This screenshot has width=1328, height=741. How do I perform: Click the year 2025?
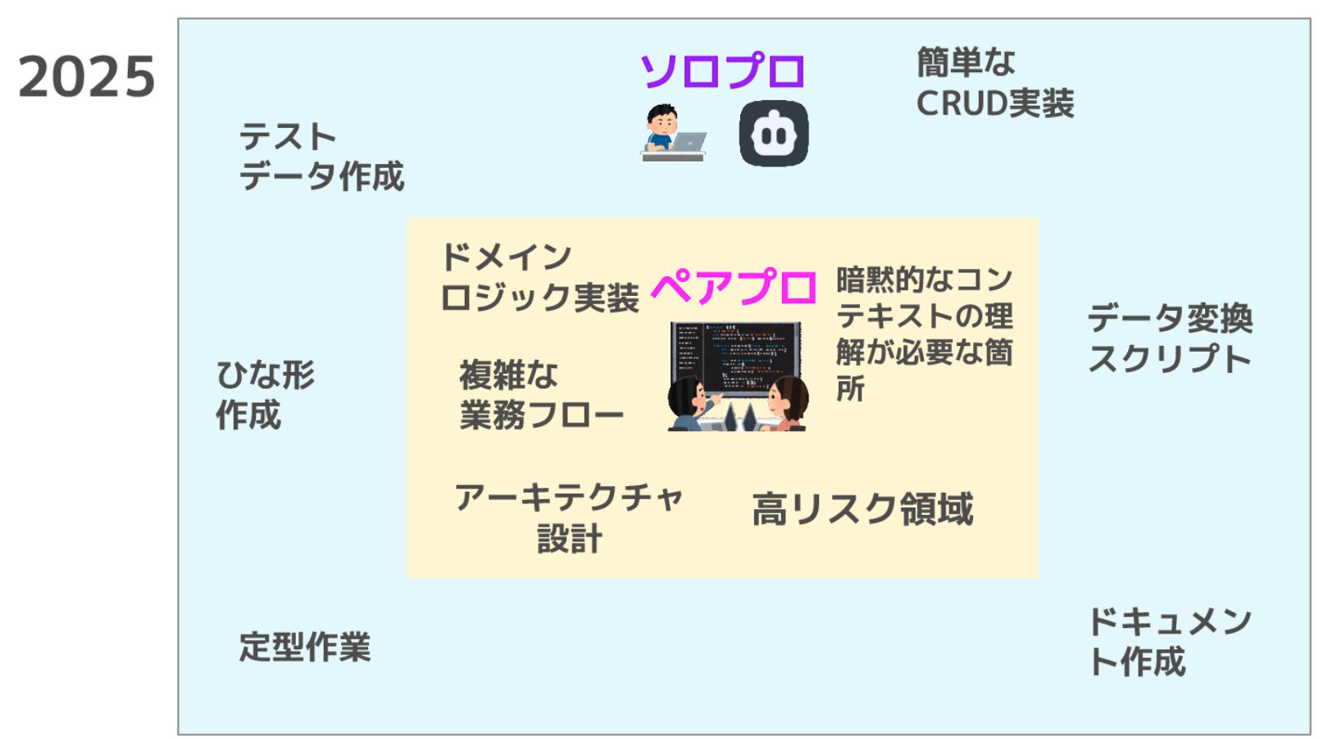click(x=87, y=76)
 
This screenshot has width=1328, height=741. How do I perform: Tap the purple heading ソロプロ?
click(x=723, y=70)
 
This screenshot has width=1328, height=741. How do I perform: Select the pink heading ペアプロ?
click(x=734, y=287)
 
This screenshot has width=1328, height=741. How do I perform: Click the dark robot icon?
click(x=774, y=134)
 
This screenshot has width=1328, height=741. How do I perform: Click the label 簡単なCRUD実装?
click(x=995, y=83)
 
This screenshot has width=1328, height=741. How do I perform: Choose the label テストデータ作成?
click(x=321, y=157)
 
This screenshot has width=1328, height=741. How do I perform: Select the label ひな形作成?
click(x=265, y=394)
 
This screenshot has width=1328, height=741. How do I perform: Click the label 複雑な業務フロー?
click(x=541, y=394)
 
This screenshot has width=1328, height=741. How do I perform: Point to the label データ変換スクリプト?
click(x=1171, y=339)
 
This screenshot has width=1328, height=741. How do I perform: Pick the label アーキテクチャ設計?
click(x=569, y=518)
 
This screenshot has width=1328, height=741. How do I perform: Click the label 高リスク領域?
click(x=862, y=509)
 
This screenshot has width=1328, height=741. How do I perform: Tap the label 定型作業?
click(x=305, y=646)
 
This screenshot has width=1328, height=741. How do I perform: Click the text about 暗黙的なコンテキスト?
click(x=924, y=334)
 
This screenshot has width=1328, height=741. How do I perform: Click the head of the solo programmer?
click(x=662, y=119)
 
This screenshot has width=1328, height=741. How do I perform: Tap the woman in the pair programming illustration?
click(x=786, y=403)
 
